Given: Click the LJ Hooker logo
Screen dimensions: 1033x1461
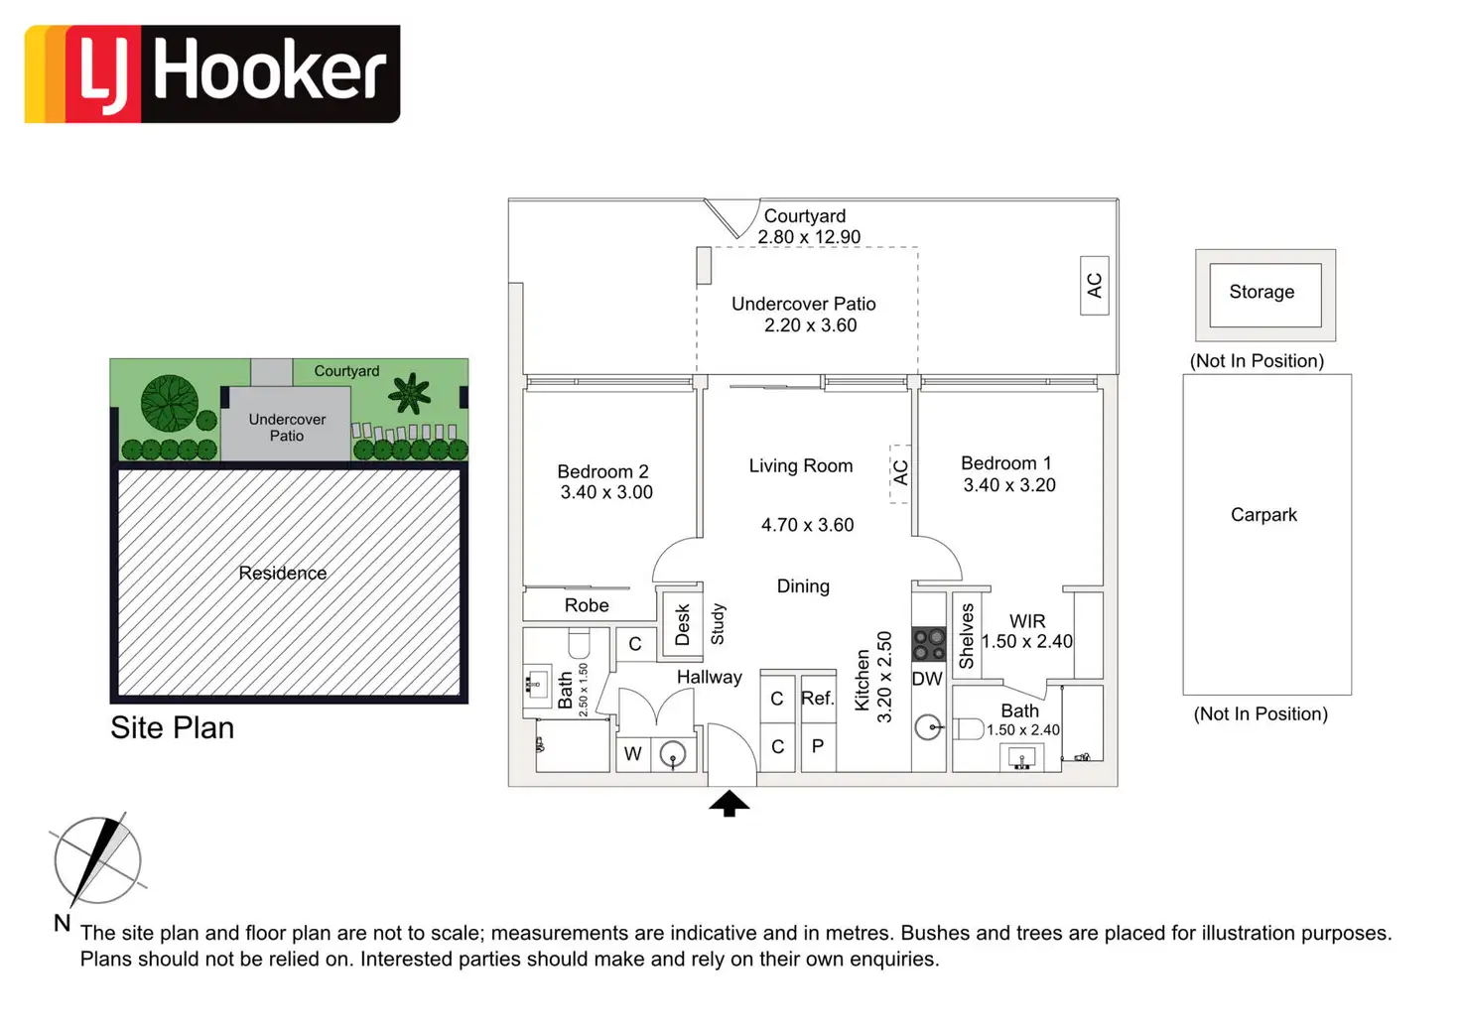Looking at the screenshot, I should (x=212, y=74).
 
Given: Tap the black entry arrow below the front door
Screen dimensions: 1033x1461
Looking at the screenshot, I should (x=730, y=803).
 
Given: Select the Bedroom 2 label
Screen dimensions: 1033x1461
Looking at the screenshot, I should (x=602, y=471).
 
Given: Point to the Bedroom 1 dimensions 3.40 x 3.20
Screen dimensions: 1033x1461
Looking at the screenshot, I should (x=1009, y=485).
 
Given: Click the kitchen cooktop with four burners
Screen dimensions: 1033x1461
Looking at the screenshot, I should (x=929, y=644).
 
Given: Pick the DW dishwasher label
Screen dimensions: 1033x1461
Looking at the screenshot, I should (x=927, y=679).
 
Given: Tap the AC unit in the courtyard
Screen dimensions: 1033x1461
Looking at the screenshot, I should (x=1094, y=286).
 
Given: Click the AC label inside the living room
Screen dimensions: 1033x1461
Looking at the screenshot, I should (x=900, y=473).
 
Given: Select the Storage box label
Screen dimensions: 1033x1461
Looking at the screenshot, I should (x=1262, y=292).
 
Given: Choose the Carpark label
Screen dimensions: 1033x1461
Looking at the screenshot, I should (x=1263, y=515).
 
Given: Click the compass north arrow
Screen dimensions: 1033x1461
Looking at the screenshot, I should (x=98, y=859).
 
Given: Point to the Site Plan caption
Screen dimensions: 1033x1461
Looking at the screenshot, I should (x=173, y=727).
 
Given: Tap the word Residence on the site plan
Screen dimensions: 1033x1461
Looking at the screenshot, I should (x=283, y=573).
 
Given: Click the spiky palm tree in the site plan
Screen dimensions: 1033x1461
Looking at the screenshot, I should (x=410, y=394).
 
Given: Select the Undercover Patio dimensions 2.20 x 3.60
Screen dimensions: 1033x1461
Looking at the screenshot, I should (x=810, y=325).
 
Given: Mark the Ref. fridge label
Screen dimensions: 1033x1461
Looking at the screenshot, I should (x=818, y=699).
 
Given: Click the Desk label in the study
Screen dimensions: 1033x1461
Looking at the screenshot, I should (x=682, y=625).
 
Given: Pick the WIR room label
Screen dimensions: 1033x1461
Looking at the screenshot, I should (x=1027, y=621).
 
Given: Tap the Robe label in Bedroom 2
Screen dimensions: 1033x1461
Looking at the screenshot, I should (x=587, y=605).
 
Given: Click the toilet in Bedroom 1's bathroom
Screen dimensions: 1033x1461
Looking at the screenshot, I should (x=968, y=729).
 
